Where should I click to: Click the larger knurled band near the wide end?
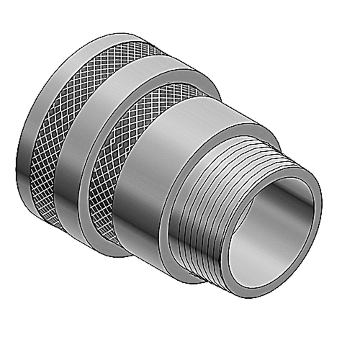[65, 126]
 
